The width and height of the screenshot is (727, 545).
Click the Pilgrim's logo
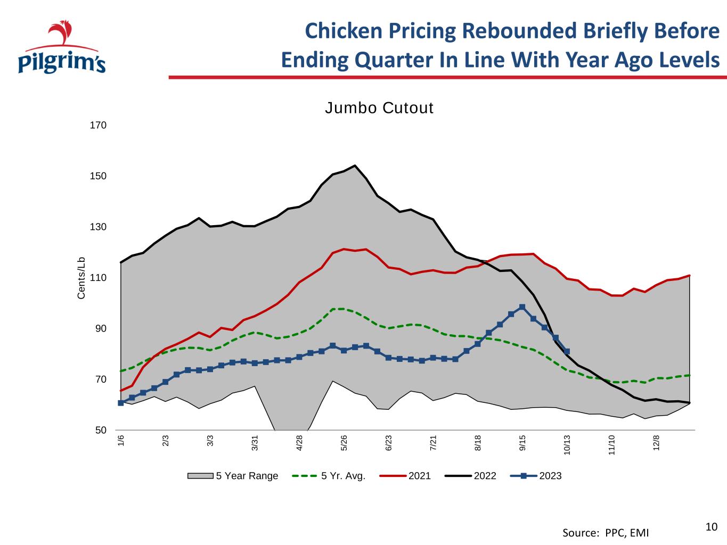tap(62, 47)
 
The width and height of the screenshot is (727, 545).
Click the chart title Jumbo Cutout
tap(379, 108)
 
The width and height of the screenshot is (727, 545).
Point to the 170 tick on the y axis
tap(98, 125)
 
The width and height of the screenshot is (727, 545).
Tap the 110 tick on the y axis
tap(98, 278)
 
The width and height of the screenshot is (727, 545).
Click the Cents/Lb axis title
tap(81, 278)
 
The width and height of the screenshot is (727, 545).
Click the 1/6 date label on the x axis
tap(121, 441)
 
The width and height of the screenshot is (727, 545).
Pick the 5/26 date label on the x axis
tap(344, 443)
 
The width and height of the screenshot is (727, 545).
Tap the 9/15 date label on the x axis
tap(522, 443)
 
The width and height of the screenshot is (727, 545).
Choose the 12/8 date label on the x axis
tap(656, 443)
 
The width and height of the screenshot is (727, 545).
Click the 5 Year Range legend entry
tap(233, 476)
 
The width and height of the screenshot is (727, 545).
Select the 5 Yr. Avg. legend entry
tap(329, 476)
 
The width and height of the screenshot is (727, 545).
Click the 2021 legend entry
tap(405, 476)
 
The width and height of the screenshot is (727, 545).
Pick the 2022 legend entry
tap(470, 476)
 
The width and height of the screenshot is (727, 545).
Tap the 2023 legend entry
tap(536, 476)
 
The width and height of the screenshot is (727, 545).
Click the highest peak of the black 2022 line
tap(355, 166)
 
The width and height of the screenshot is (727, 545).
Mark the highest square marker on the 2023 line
tap(522, 307)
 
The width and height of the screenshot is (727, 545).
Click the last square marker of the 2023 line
tap(567, 351)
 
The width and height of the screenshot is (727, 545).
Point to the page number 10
tap(712, 527)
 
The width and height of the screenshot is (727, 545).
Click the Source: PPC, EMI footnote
tap(606, 533)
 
